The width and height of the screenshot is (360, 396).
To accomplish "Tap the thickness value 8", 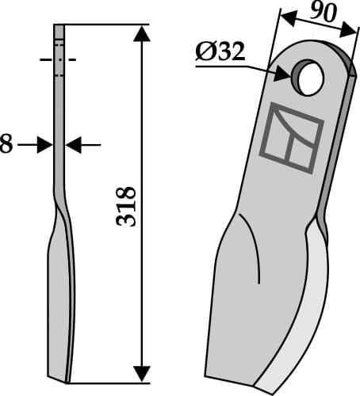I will [6, 145].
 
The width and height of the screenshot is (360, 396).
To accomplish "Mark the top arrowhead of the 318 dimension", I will [141, 32].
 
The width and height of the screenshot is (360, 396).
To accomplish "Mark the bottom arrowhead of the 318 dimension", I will [141, 372].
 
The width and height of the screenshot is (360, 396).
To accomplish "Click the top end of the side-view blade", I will [58, 27].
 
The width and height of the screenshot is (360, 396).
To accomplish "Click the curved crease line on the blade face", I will [255, 253].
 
